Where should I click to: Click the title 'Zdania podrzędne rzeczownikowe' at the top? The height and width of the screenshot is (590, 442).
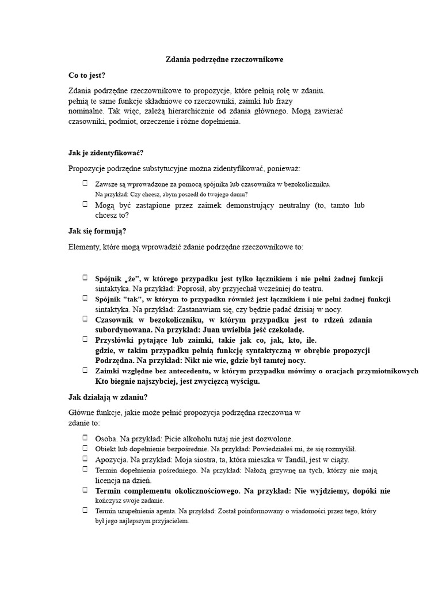pyautogui.click(x=224, y=59)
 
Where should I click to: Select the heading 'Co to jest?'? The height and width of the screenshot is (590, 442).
pyautogui.click(x=87, y=75)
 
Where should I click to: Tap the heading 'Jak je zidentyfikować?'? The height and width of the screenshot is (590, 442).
pyautogui.click(x=106, y=153)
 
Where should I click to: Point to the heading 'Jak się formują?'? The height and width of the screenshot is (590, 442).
pyautogui.click(x=97, y=231)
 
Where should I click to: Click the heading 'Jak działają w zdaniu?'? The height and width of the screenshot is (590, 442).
pyautogui.click(x=108, y=397)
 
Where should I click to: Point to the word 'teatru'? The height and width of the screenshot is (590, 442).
pyautogui.click(x=312, y=288)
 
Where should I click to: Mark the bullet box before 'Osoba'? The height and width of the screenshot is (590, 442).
pyautogui.click(x=85, y=438)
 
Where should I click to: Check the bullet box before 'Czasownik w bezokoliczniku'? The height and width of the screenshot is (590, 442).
pyautogui.click(x=85, y=319)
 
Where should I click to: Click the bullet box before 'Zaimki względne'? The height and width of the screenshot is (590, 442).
pyautogui.click(x=85, y=370)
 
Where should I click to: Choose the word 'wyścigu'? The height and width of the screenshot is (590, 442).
pyautogui.click(x=245, y=381)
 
